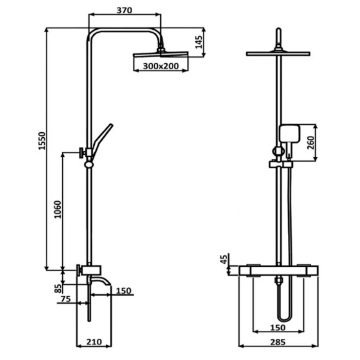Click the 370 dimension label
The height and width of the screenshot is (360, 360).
[124, 11]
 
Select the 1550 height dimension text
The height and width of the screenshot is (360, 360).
[42, 141]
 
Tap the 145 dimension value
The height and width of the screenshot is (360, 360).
[199, 42]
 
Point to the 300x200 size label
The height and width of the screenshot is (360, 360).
[161, 66]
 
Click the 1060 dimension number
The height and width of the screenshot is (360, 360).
[58, 209]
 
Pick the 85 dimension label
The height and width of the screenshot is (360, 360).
[58, 289]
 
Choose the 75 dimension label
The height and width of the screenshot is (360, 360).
[66, 299]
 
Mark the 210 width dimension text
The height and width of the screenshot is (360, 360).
[94, 342]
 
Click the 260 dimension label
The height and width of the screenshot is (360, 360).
[310, 143]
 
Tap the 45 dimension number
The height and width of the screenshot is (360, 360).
[225, 259]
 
